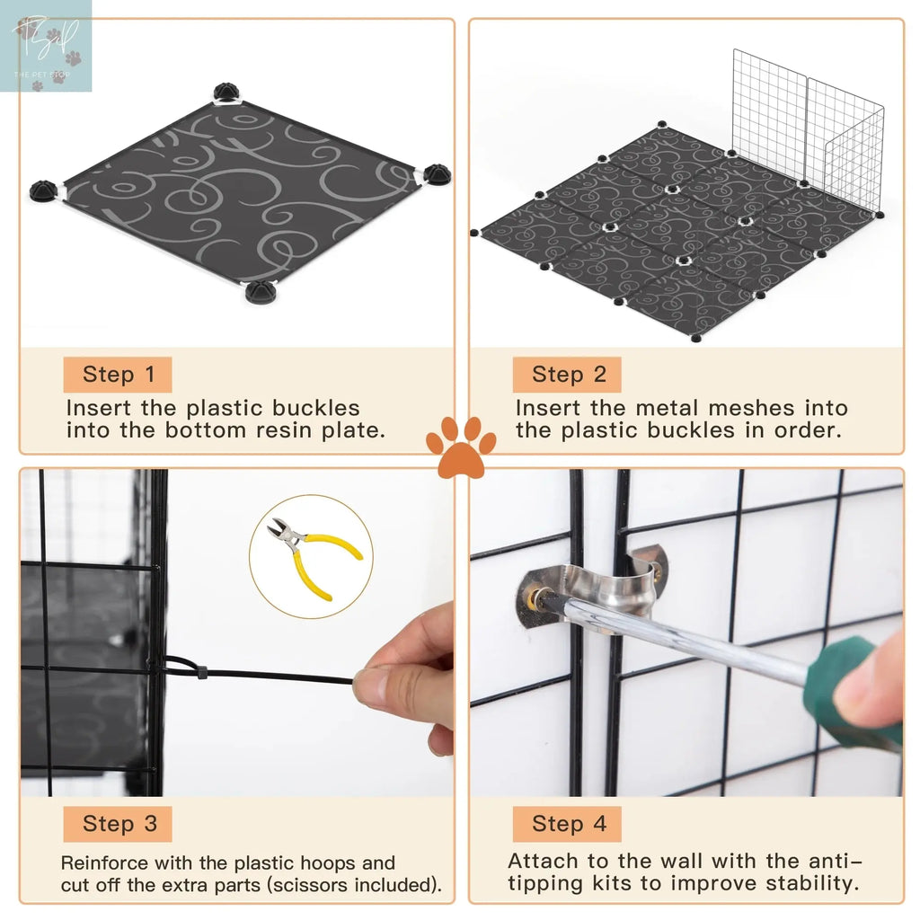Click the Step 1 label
(x=118, y=375)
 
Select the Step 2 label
(x=568, y=375)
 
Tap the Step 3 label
(x=118, y=824)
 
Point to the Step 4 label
(x=568, y=824)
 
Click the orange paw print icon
(x=460, y=446)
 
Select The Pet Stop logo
(x=46, y=46)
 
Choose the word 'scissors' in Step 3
(x=335, y=885)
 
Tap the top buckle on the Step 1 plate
(x=226, y=93)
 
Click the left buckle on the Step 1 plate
(x=42, y=190)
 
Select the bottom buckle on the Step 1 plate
(x=259, y=292)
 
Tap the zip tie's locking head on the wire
(x=199, y=670)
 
